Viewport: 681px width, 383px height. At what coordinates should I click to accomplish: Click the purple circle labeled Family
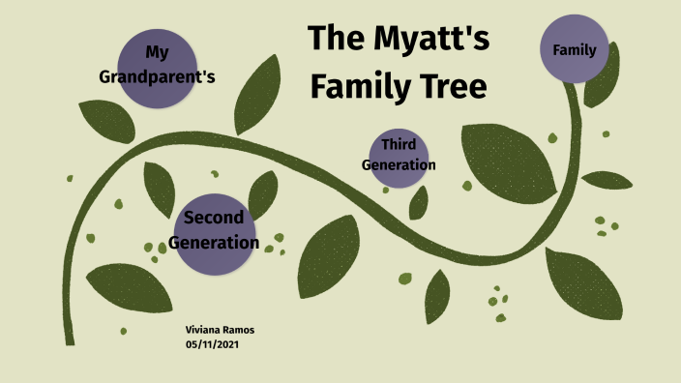(x=574, y=49)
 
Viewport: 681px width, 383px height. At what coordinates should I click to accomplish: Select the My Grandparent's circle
(x=158, y=64)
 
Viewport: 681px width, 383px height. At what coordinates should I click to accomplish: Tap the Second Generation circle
(x=214, y=230)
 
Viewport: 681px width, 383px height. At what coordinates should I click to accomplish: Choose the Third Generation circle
(x=399, y=155)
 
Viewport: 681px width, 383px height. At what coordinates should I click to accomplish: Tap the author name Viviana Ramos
(x=220, y=330)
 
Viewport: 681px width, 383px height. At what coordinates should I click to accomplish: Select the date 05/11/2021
(x=213, y=344)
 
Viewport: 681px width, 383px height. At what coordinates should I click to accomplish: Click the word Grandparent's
(x=157, y=76)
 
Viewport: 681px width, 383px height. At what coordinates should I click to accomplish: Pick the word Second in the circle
(x=214, y=217)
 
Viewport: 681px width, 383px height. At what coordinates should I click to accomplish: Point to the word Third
(x=399, y=145)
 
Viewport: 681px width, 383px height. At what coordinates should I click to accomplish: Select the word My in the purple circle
(x=158, y=51)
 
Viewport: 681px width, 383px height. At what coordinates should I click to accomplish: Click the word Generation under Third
(x=399, y=165)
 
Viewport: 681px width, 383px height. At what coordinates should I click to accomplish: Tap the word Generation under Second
(x=214, y=243)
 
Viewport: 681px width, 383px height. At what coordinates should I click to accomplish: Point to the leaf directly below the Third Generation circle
(x=419, y=202)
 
